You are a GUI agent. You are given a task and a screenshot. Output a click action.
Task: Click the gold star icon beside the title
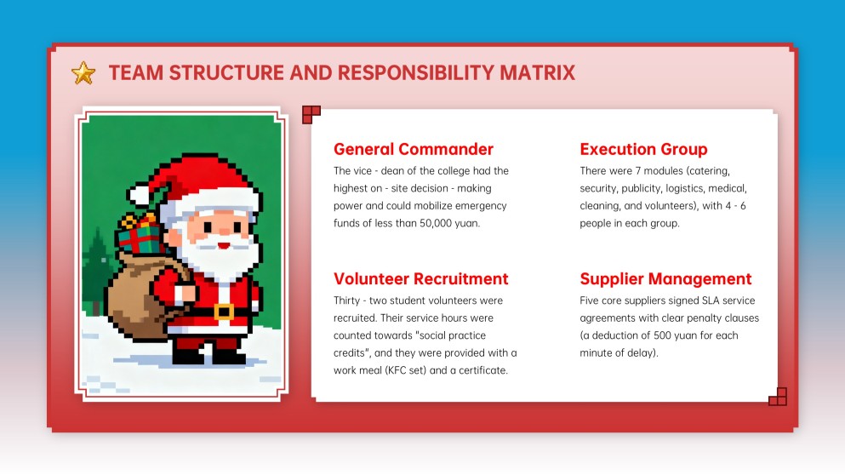pyautogui.click(x=83, y=73)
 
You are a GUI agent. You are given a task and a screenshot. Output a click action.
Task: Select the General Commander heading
pyautogui.click(x=414, y=149)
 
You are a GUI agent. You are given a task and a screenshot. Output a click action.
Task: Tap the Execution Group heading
pyautogui.click(x=643, y=149)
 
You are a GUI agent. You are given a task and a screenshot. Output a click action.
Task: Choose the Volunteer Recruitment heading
pyautogui.click(x=420, y=278)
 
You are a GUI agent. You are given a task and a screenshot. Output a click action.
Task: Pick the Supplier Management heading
pyautogui.click(x=665, y=278)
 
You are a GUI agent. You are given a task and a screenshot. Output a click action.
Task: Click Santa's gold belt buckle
pyautogui.click(x=224, y=312)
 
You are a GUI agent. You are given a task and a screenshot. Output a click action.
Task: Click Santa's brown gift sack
pyautogui.click(x=140, y=289)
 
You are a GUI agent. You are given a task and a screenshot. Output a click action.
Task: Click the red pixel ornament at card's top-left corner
pyautogui.click(x=311, y=114)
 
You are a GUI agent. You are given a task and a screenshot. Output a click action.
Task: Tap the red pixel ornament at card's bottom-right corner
pyautogui.click(x=777, y=397)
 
